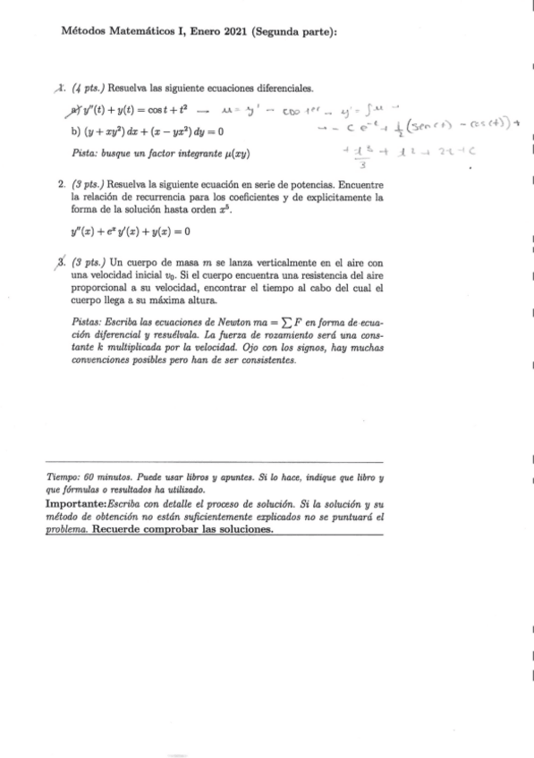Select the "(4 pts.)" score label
coord(89,89)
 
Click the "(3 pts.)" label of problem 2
coord(89,181)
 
